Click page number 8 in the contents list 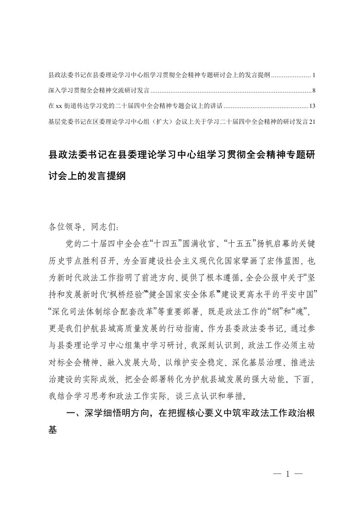314,90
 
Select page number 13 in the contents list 312,106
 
